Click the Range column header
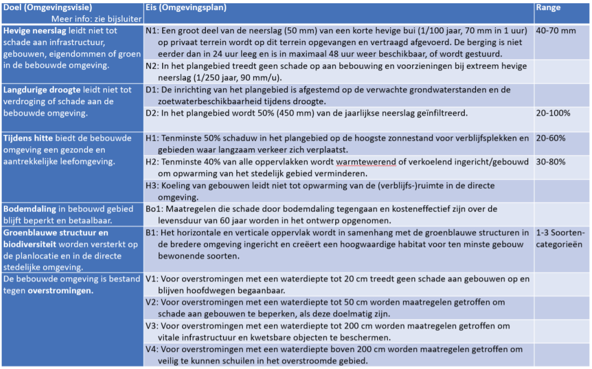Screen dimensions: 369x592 click(x=547, y=8)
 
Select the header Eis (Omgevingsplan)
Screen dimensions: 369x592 click(x=186, y=8)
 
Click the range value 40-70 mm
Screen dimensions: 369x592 click(x=555, y=31)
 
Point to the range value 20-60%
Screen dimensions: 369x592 click(x=551, y=138)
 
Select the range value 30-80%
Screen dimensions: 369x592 click(x=551, y=162)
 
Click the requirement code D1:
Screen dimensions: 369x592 click(x=152, y=90)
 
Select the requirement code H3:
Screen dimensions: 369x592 click(x=152, y=185)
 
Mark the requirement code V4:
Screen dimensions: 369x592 click(x=152, y=349)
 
